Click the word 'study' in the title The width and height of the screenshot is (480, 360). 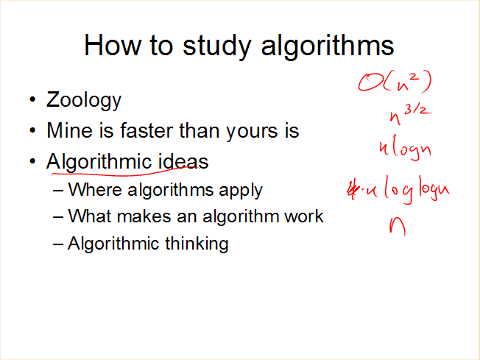coord(216,46)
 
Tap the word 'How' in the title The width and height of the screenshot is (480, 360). coord(113,45)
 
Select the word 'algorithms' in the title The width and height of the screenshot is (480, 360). coord(328,46)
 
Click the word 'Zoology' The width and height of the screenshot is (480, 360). coord(84,100)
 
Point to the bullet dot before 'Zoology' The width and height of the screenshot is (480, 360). coord(32,99)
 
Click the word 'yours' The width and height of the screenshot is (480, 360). coord(250,133)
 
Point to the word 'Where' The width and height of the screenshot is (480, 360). coord(94,189)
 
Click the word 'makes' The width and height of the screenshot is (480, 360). coord(144,216)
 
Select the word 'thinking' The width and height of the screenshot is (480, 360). coord(197,244)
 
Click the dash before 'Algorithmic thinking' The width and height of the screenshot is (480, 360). coord(58,244)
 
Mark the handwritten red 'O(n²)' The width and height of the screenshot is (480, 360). coord(395,82)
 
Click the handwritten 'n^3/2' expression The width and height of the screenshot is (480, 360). coord(410,114)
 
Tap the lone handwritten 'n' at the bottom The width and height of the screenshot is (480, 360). coord(398,227)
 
